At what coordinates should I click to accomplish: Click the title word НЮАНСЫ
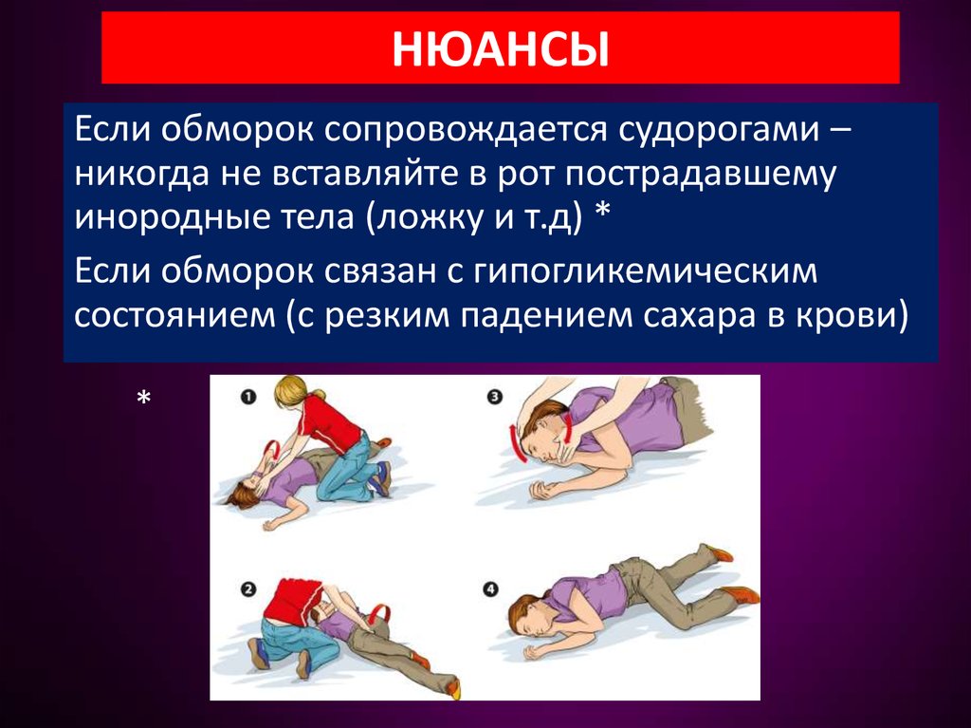[x=501, y=49]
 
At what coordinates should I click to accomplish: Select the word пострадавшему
[x=701, y=175]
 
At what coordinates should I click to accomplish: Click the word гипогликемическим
[x=645, y=271]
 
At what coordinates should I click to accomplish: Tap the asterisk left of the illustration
[x=144, y=398]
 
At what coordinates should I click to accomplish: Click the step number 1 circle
[x=248, y=397]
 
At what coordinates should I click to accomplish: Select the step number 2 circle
[x=248, y=589]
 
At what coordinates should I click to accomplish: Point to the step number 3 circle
[x=494, y=398]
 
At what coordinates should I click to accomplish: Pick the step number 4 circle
[x=490, y=588]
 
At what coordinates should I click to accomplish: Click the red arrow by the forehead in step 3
[x=518, y=445]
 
